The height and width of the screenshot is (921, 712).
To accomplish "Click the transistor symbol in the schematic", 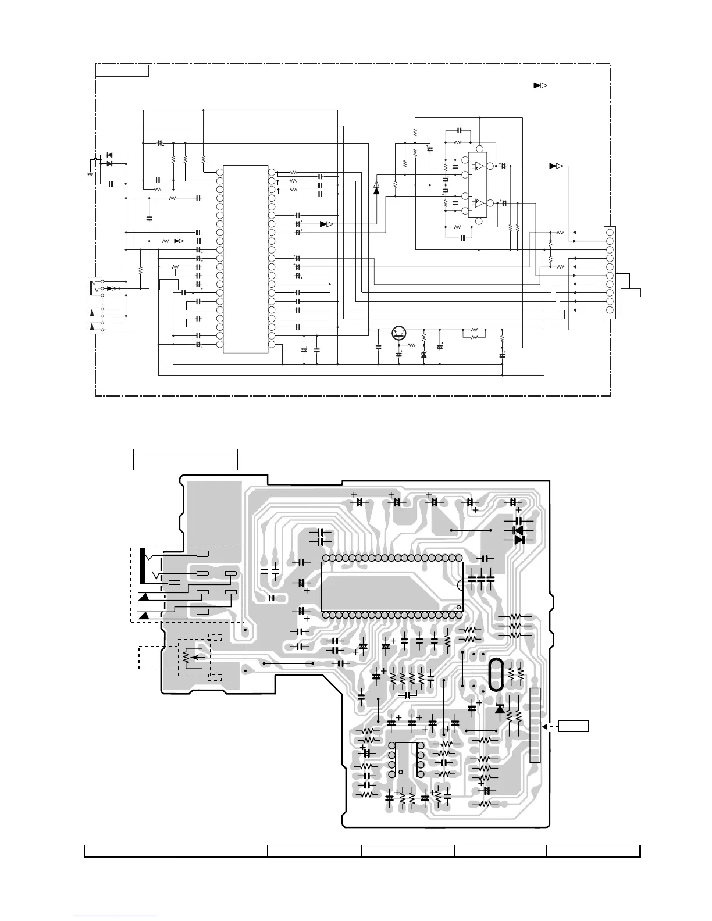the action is [x=400, y=333].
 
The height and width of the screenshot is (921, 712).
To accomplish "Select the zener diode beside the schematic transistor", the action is [x=423, y=354].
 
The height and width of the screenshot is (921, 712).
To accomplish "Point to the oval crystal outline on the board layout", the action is [x=495, y=674].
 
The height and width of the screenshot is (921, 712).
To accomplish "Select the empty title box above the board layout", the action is [x=186, y=459].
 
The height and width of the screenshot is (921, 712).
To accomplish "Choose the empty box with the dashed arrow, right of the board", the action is [x=574, y=726].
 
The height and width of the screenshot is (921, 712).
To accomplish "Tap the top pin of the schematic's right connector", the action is [x=610, y=233].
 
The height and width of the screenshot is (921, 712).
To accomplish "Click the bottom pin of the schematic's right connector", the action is [x=610, y=310].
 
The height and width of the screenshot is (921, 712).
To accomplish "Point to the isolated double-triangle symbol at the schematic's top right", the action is [x=540, y=86].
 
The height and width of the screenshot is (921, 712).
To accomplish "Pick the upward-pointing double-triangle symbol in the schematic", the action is [x=376, y=187].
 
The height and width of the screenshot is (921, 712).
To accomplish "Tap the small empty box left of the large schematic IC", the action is [x=168, y=284].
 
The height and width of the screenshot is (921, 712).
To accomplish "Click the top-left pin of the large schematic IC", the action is [x=219, y=172].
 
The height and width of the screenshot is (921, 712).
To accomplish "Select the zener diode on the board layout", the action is [x=499, y=709].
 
